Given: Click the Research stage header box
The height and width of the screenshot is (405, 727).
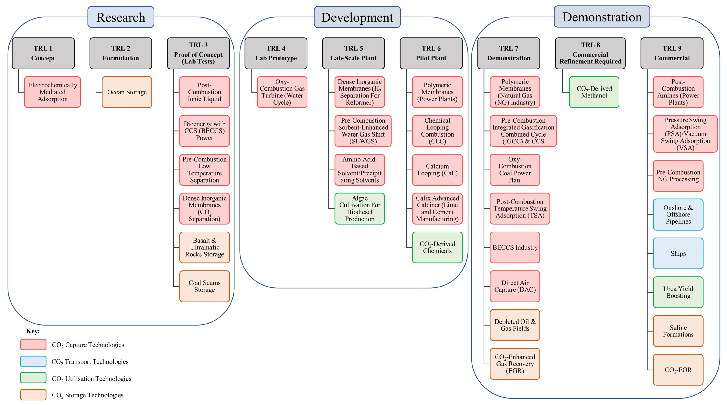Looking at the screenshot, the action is tap(121, 17).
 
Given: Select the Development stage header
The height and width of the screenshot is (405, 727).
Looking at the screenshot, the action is tap(357, 17).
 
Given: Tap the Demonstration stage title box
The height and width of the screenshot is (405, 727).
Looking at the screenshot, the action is tap(602, 17).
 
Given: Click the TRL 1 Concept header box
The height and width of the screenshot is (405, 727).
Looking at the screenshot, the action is tap(43, 53).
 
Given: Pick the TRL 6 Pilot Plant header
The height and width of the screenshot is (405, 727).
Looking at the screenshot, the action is tap(431, 53).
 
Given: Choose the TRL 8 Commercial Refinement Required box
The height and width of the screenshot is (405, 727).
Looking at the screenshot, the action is tap(590, 53).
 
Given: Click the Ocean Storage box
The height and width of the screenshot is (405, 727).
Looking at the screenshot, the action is tap(127, 92).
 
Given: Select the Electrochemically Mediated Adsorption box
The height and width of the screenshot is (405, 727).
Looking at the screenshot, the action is tap(53, 92).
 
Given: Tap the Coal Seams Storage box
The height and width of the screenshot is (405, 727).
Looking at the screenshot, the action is tap(205, 286).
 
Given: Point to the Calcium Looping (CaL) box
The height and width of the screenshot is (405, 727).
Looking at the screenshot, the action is tap(437, 170).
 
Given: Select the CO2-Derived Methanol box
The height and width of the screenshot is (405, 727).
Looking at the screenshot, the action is tap(594, 92).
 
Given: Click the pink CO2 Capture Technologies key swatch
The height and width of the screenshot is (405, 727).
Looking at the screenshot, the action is tap(33, 345).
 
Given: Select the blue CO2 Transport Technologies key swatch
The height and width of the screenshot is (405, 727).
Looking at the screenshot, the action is tap(33, 361).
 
